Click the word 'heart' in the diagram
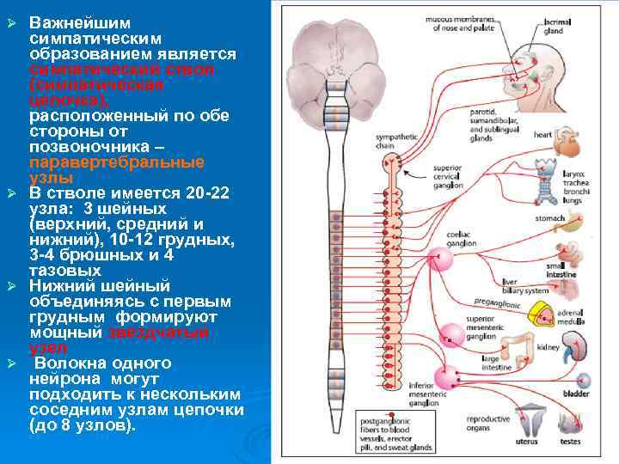pyautogui.click(x=542, y=134)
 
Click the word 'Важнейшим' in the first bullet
pyautogui.click(x=64, y=21)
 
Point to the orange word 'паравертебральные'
pyautogui.click(x=117, y=162)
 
